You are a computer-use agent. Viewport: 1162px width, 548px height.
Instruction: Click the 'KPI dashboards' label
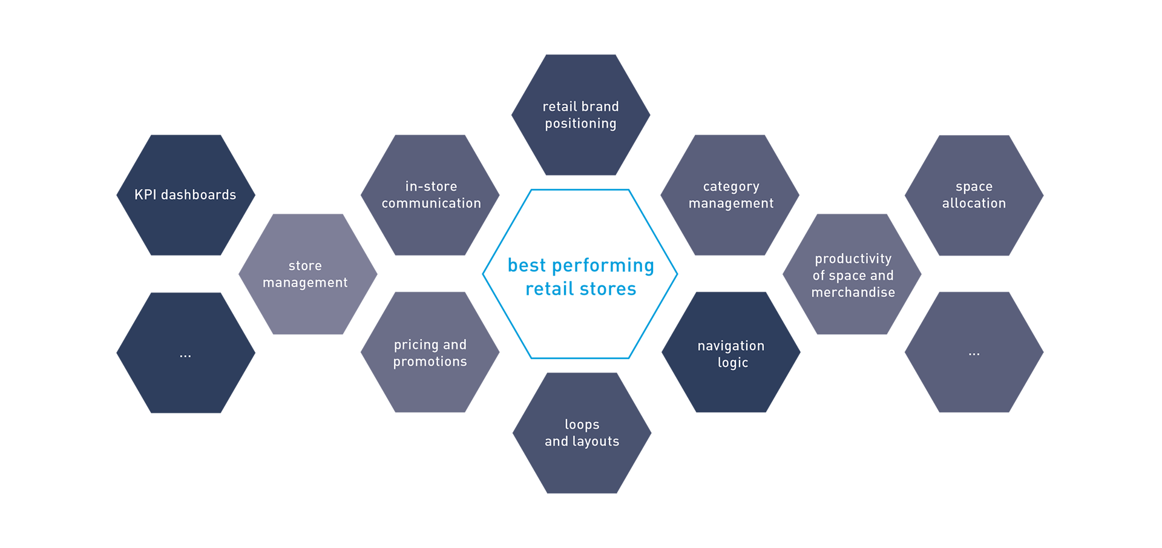point(185,195)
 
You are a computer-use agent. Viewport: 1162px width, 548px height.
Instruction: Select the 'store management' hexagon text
point(305,274)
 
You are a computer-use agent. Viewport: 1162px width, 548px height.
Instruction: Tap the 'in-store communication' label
point(431,195)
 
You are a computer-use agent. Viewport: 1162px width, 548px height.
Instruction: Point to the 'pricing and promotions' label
point(430,353)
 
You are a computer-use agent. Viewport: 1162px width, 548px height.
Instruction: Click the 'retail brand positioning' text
point(580,115)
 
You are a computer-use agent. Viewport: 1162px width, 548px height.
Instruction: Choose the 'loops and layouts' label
point(582,433)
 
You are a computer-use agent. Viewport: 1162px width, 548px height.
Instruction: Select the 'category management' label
point(731,195)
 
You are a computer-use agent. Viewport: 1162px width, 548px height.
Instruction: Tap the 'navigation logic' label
point(731,354)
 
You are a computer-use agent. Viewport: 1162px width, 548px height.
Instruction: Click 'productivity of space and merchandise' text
point(853,276)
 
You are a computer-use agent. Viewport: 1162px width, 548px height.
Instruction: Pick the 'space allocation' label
point(974,195)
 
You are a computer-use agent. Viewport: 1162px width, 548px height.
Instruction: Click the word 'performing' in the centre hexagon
point(608,264)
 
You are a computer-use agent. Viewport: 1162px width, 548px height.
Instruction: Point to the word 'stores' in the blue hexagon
point(615,293)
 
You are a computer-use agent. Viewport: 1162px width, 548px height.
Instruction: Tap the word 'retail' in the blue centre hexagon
point(542,293)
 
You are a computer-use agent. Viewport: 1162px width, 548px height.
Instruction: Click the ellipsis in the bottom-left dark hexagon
point(185,355)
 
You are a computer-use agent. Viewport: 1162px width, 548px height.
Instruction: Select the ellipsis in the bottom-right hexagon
point(974,354)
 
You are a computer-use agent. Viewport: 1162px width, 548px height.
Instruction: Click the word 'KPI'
point(145,195)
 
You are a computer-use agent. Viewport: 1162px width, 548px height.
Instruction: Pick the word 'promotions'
point(430,362)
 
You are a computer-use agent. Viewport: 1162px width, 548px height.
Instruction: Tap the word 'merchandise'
point(853,292)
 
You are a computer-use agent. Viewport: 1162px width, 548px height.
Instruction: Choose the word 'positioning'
point(580,124)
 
